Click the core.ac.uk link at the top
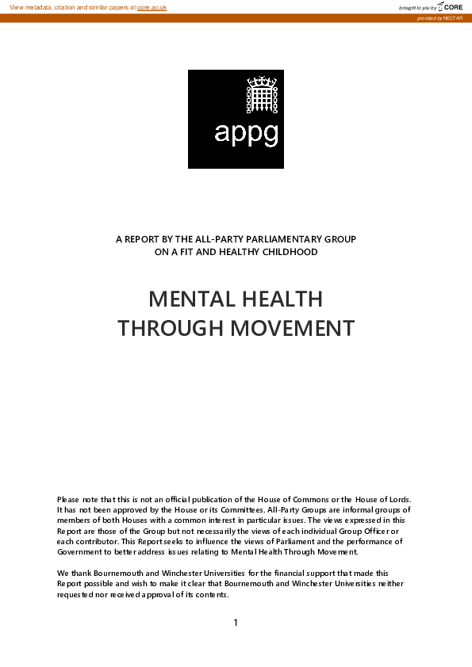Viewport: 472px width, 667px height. click(152, 7)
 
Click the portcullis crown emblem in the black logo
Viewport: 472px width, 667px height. click(259, 96)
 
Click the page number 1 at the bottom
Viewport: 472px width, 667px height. click(236, 623)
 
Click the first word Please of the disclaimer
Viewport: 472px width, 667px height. click(68, 499)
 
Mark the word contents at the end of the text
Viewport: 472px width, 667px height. click(211, 593)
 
